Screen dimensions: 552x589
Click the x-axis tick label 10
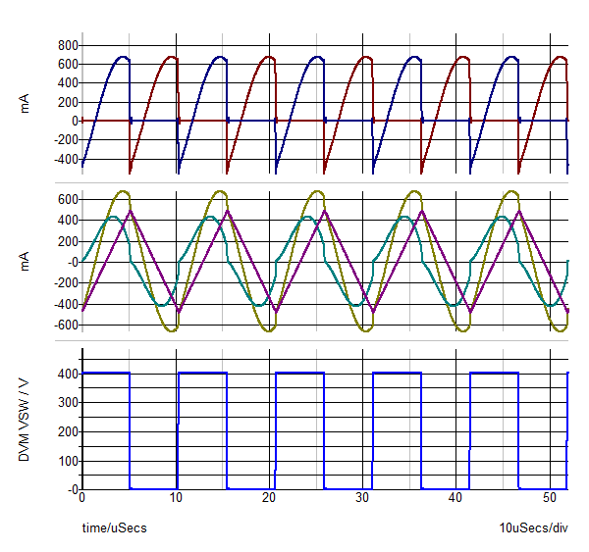(176, 498)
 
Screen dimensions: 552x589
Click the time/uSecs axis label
(114, 528)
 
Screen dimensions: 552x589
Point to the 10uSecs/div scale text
(533, 528)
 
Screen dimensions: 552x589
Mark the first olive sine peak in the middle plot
(124, 191)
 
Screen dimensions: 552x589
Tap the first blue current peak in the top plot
(123, 57)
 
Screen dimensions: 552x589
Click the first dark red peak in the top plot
(171, 57)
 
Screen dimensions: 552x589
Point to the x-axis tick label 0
(82, 498)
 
